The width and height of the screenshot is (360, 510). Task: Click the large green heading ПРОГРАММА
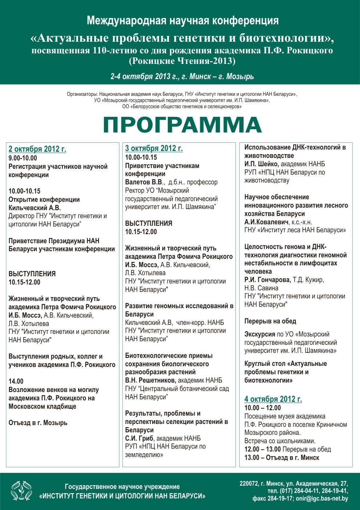182,125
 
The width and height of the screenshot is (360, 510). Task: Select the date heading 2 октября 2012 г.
37,149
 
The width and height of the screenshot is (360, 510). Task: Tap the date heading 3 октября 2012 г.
154,148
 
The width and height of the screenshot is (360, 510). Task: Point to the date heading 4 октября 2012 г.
273,399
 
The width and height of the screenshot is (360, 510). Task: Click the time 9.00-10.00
23,158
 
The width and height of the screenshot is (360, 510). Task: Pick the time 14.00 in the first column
16,381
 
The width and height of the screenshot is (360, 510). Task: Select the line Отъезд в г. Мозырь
38,423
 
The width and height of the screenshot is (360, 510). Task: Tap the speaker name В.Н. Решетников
150,380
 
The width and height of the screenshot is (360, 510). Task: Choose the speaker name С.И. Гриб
139,438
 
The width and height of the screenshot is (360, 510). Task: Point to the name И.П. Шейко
261,164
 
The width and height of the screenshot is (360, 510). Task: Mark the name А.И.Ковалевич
266,222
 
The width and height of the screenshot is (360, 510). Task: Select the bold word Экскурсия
260,334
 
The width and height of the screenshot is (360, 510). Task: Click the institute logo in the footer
21,491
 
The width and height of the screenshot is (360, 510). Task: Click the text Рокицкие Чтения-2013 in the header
182,61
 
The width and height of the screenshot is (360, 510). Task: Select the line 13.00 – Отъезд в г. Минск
282,458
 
